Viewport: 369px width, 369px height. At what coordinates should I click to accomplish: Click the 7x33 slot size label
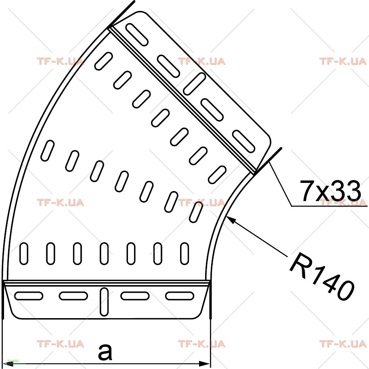pyautogui.click(x=330, y=191)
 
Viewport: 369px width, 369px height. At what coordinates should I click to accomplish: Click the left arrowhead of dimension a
pyautogui.click(x=8, y=364)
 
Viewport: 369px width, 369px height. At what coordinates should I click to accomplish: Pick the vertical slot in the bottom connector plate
pyautogui.click(x=104, y=302)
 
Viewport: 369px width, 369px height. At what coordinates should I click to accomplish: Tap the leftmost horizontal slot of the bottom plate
pyautogui.click(x=29, y=296)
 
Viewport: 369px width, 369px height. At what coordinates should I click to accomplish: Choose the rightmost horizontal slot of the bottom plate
pyautogui.click(x=180, y=296)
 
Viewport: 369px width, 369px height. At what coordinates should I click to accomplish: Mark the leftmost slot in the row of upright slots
pyautogui.click(x=24, y=254)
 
